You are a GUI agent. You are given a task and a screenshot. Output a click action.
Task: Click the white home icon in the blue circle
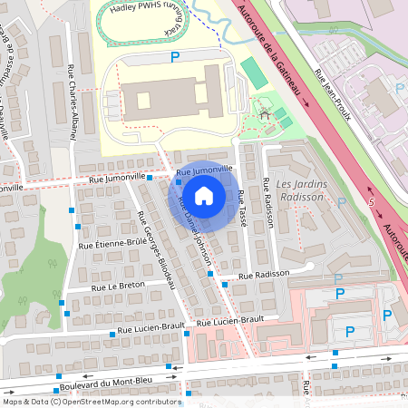pyautogui.click(x=204, y=195)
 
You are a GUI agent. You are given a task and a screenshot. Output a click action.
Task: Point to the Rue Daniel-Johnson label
pyautogui.click(x=195, y=231)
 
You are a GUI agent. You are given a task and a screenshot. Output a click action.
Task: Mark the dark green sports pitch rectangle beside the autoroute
pyautogui.click(x=255, y=73)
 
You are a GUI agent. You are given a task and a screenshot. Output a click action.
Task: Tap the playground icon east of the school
pyautogui.click(x=265, y=115)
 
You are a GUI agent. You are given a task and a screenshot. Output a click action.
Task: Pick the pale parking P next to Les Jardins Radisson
pyautogui.click(x=341, y=203)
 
